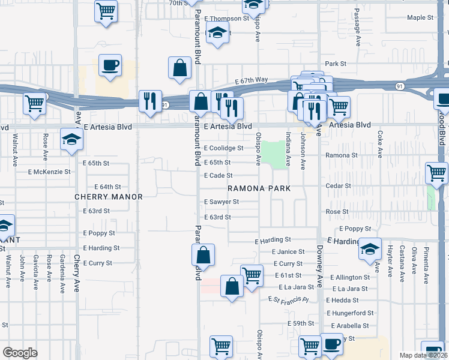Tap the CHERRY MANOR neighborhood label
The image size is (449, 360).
tap(109, 197)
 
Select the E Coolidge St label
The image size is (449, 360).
tap(223, 148)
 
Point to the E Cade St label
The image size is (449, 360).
tap(218, 175)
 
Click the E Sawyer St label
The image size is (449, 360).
tap(221, 202)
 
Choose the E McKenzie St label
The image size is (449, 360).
tap(49, 172)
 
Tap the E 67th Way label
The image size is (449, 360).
tap(252, 80)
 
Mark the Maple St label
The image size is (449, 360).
tap(420, 18)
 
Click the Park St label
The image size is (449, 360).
tap(336, 64)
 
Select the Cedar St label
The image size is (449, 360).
tap(338, 186)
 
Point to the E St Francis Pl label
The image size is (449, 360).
tap(288, 299)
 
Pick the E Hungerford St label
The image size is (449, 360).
tap(350, 313)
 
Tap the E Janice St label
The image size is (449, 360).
tap(288, 252)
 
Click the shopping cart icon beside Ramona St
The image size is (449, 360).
tap(436, 173)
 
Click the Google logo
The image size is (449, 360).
tap(20, 353)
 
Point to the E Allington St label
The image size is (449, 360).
tap(348, 278)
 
